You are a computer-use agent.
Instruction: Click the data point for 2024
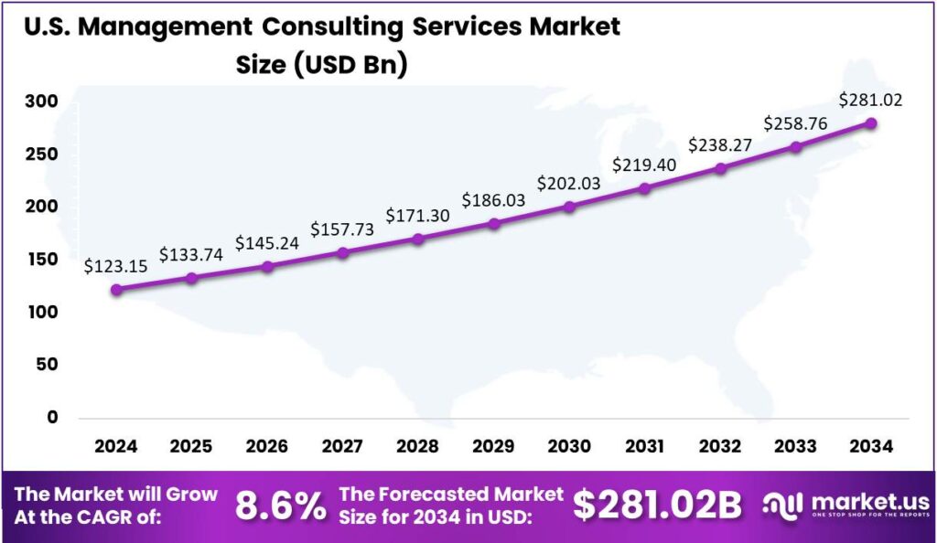116,290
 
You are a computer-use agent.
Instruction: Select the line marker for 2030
569,207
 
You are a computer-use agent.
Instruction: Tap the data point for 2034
871,123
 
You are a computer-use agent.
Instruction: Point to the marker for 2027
343,252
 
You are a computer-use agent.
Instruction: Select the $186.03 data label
493,199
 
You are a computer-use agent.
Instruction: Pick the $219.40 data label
645,165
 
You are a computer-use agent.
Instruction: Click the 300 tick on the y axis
40,101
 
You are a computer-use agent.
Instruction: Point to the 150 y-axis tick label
40,260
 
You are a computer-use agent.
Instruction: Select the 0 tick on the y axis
52,418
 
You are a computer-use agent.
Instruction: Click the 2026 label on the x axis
267,447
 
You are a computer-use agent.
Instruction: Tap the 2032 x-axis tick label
720,447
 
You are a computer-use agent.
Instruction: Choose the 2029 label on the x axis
493,447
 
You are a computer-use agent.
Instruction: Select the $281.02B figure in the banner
657,506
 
